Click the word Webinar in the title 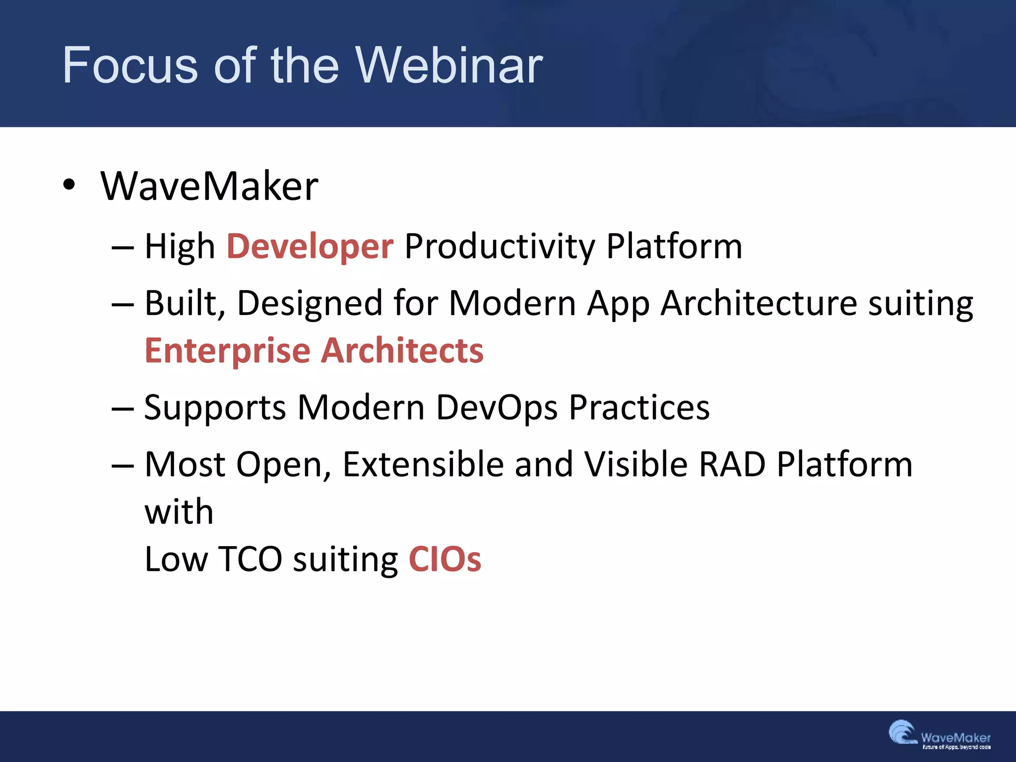coord(449,65)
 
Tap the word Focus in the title coord(130,65)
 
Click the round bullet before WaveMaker coord(69,185)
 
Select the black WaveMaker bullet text coord(209,186)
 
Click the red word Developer coord(310,247)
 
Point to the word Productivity coord(500,247)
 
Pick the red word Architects coord(402,350)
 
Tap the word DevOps coord(497,408)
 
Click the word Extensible coord(423,464)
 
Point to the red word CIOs coord(444,560)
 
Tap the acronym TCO coord(250,560)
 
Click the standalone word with coord(179,512)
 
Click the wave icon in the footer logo coord(902,733)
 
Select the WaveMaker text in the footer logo coord(955,737)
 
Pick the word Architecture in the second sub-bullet coord(759,303)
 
